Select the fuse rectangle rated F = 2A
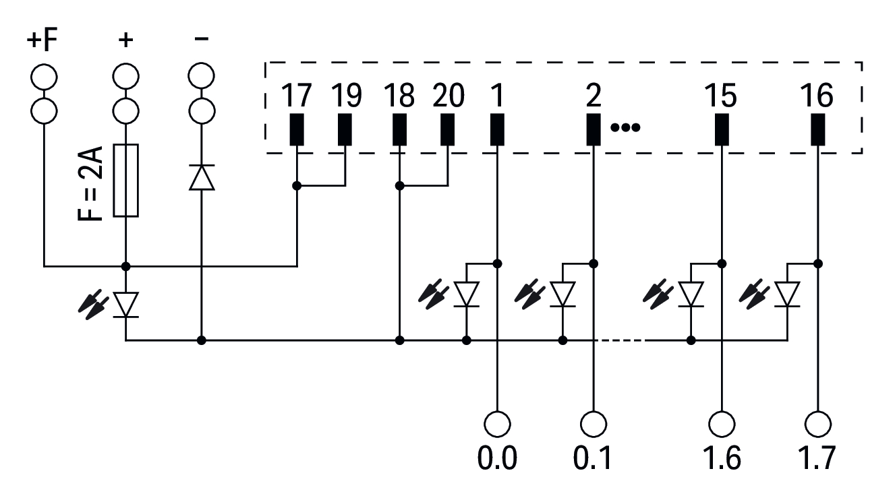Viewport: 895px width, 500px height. (x=126, y=181)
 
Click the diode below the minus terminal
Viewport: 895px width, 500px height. (x=201, y=177)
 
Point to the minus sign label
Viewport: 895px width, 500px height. (x=201, y=40)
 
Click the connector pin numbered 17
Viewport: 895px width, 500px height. (x=297, y=129)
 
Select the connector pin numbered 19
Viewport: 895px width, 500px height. (x=345, y=129)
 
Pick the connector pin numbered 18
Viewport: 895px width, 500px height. (x=400, y=129)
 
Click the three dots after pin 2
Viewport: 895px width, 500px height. (x=625, y=127)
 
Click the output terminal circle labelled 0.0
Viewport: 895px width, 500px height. (x=497, y=425)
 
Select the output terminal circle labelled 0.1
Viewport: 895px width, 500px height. (x=594, y=425)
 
